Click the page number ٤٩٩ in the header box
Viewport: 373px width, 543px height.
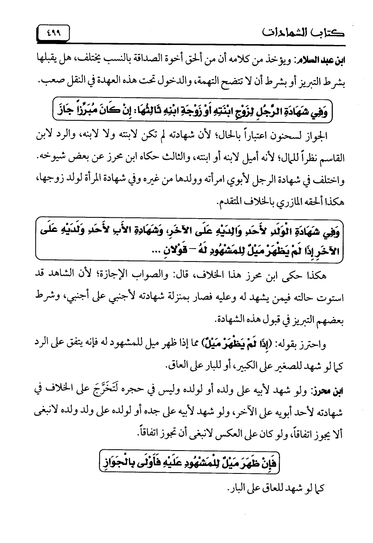(53, 32)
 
